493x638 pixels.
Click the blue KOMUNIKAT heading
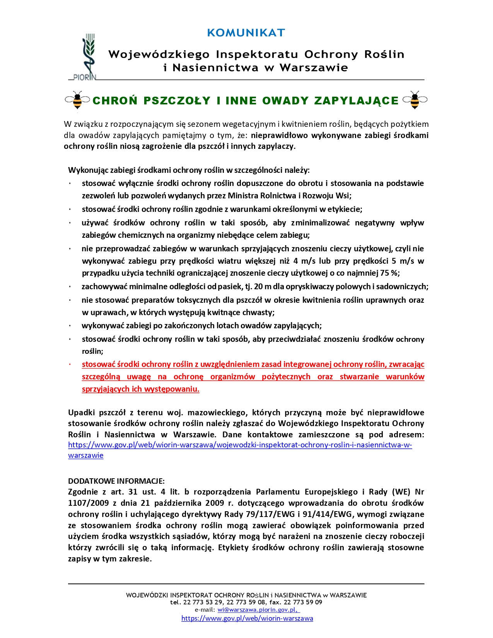coord(246,33)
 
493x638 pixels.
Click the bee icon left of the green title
coord(77,100)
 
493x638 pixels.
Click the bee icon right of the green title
coord(415,100)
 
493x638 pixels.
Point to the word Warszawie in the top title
coord(314,68)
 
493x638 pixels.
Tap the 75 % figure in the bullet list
coord(389,273)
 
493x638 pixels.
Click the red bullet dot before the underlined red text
coord(70,365)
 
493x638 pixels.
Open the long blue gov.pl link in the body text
coord(240,445)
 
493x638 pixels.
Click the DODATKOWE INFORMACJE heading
coord(116,481)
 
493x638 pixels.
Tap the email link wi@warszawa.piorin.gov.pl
coord(258,610)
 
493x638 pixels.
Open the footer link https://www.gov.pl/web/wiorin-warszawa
coord(247,618)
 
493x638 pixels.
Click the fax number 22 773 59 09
coord(303,602)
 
